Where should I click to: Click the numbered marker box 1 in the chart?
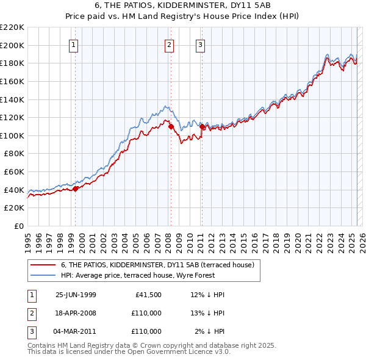pyautogui.click(x=73, y=44)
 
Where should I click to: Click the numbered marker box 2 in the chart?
pyautogui.click(x=169, y=44)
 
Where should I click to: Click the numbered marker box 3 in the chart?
pyautogui.click(x=200, y=44)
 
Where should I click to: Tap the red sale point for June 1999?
pyautogui.click(x=76, y=189)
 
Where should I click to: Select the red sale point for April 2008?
pyautogui.click(x=171, y=127)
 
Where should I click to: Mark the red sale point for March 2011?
pyautogui.click(x=202, y=127)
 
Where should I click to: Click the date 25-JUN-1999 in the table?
pyautogui.click(x=76, y=295)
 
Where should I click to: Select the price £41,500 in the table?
pyautogui.click(x=147, y=295)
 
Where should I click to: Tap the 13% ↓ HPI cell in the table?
pyautogui.click(x=207, y=313)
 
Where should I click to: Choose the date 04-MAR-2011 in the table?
pyautogui.click(x=76, y=331)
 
